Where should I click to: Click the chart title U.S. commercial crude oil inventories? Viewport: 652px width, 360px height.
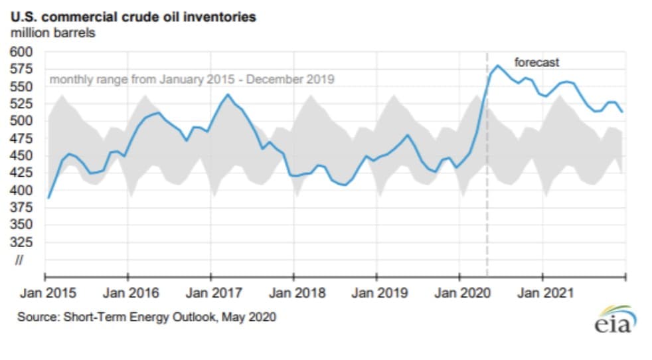(x=133, y=17)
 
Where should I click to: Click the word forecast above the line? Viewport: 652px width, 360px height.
(x=537, y=63)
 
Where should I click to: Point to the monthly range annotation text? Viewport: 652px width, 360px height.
(x=192, y=80)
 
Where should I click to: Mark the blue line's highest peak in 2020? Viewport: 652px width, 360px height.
(x=497, y=65)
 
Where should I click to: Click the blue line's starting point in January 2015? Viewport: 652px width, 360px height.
(x=48, y=198)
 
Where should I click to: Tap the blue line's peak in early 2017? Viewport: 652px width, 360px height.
(x=228, y=94)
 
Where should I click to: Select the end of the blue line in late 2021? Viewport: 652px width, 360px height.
(x=622, y=112)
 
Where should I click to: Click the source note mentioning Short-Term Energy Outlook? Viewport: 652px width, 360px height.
(x=147, y=317)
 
